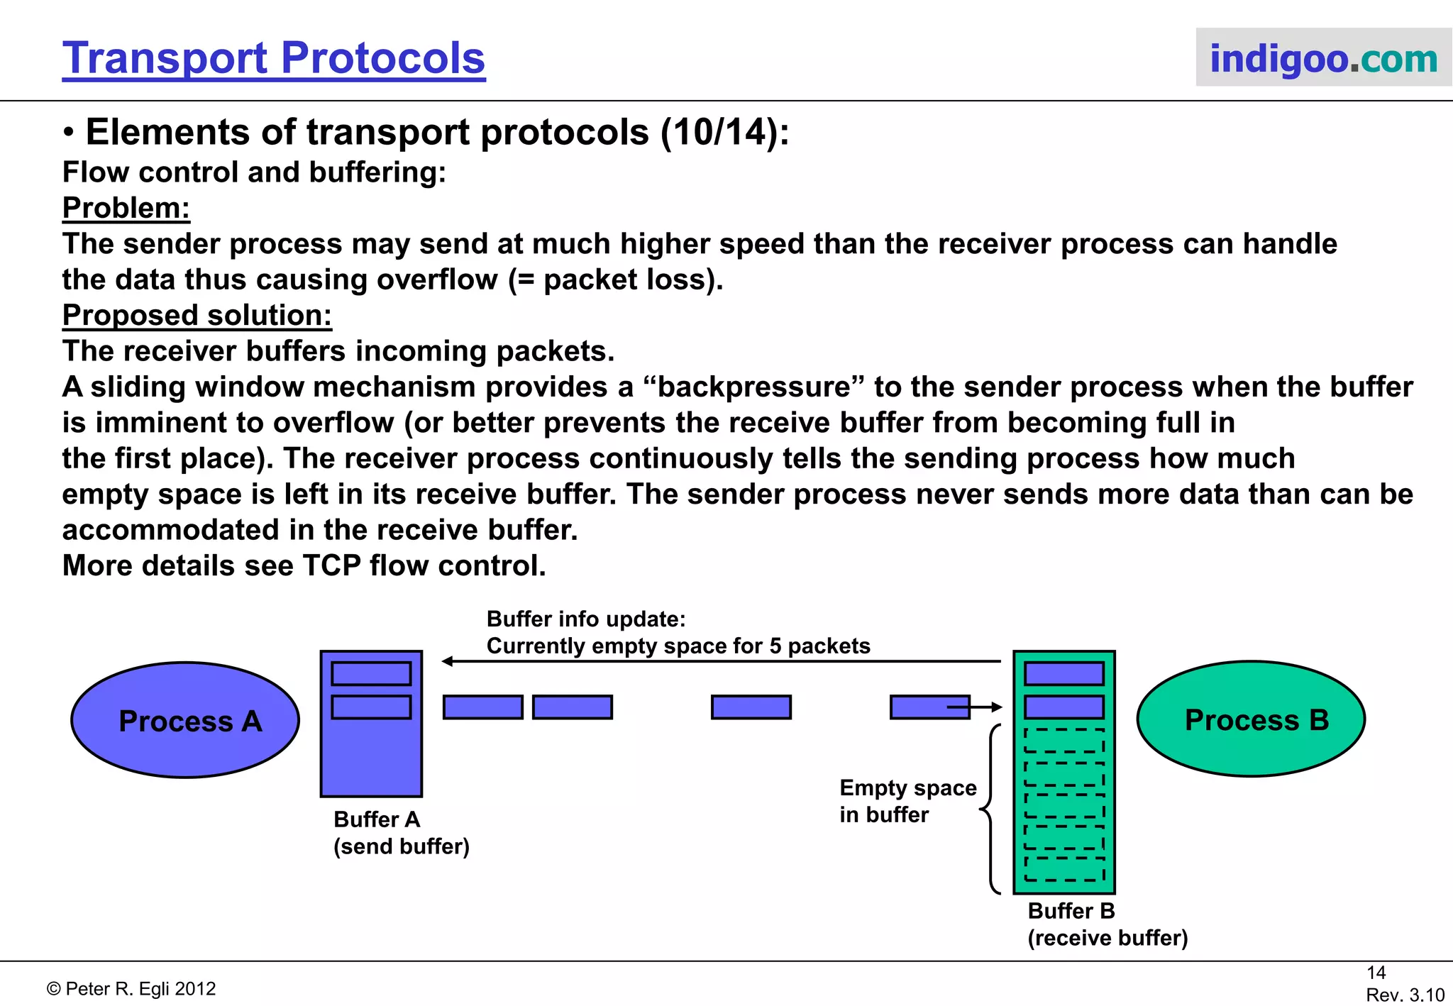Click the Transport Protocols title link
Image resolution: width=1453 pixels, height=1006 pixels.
[273, 58]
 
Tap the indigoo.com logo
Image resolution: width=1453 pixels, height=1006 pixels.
[1323, 58]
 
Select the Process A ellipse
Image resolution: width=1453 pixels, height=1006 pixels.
[186, 720]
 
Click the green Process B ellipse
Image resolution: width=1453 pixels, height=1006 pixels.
[1251, 719]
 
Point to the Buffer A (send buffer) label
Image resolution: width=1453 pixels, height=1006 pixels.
[401, 833]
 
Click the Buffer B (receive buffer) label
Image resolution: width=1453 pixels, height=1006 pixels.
[1107, 924]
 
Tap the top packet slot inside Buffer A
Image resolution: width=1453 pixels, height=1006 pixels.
[371, 673]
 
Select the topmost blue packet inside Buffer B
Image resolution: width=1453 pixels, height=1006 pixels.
[1064, 673]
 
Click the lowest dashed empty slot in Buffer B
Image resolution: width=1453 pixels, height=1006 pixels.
[1064, 869]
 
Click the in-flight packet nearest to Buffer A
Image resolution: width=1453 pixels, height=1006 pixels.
[482, 707]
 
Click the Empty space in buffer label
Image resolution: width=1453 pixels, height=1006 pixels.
[907, 801]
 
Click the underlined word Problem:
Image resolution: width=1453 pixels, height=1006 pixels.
[126, 208]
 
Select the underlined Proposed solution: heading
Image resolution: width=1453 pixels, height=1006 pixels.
[197, 315]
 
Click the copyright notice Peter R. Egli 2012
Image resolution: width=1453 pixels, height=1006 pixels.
[131, 988]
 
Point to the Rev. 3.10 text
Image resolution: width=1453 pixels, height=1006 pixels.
[1405, 995]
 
